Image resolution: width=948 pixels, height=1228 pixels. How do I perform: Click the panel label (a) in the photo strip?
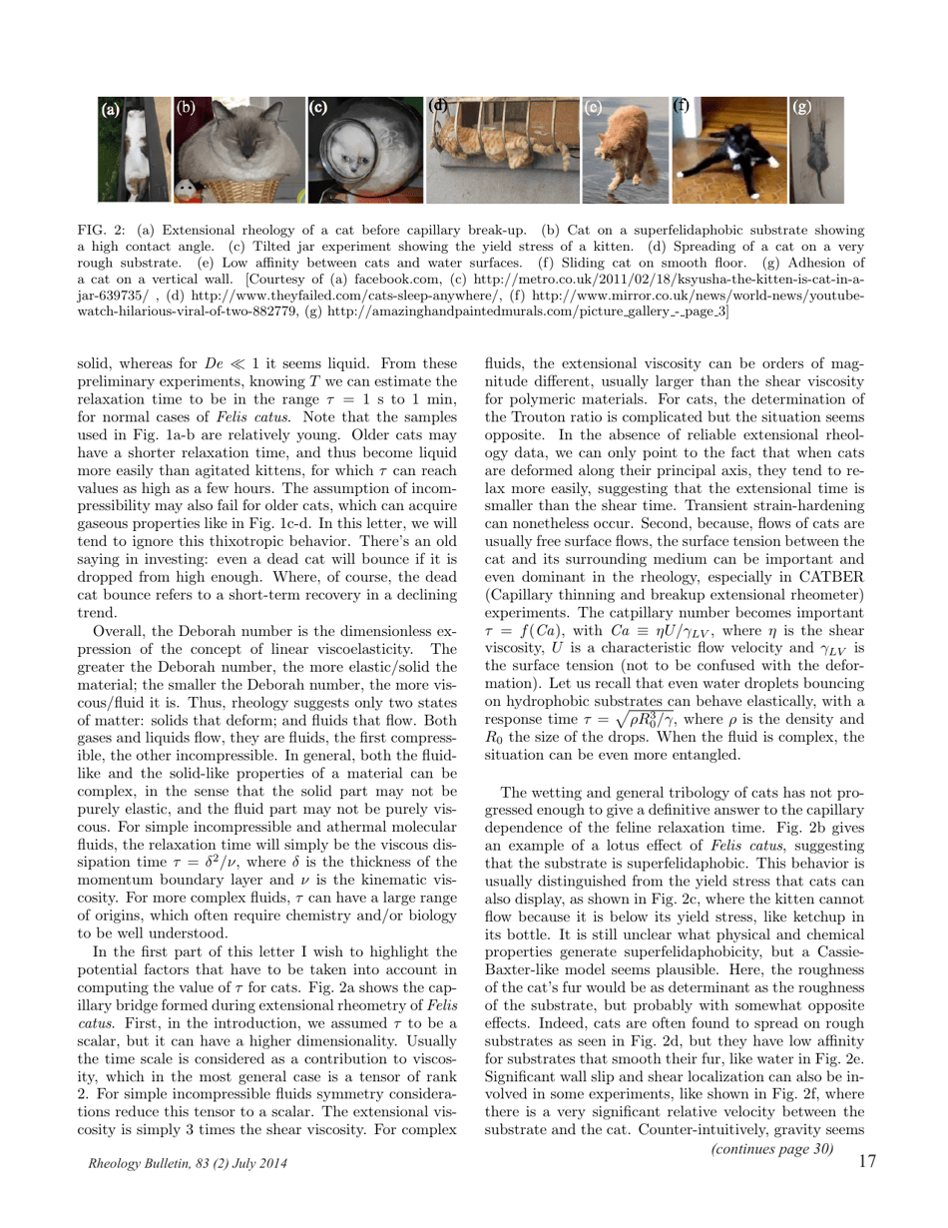coord(110,110)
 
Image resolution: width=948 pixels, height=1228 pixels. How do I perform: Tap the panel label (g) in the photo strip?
coord(802,107)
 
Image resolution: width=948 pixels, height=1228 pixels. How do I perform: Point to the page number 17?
coord(866,1161)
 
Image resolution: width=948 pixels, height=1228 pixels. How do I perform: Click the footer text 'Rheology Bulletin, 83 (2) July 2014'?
coord(181,1164)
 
